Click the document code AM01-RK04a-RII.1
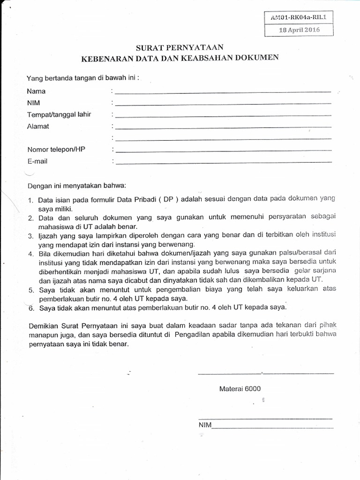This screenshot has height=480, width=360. coord(299,18)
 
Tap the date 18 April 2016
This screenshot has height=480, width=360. coord(299,30)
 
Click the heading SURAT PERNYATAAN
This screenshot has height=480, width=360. coord(180,47)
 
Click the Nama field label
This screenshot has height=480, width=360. coord(36,91)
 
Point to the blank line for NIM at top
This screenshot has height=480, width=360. coord(223,103)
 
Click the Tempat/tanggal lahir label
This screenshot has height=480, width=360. coord(59,115)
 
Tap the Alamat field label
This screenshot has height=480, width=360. coord(38,127)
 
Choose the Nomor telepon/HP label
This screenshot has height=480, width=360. coord(56,150)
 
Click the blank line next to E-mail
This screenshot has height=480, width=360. coord(223,162)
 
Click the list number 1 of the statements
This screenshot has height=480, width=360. coord(30,201)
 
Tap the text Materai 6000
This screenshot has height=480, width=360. coord(240,389)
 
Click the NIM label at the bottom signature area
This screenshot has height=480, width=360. coord(205,425)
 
